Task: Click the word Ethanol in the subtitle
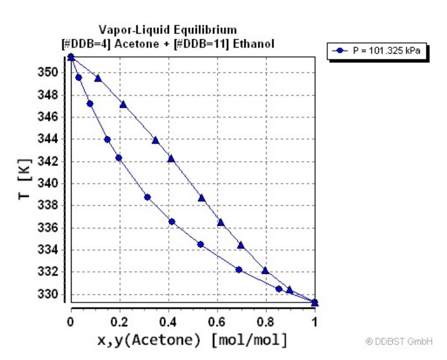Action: (256, 44)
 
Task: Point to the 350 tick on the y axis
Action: (51, 73)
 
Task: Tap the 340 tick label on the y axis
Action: (51, 183)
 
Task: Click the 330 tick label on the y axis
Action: (51, 294)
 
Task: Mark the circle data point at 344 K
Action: (107, 139)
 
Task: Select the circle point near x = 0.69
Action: (239, 270)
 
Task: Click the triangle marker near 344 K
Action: (155, 140)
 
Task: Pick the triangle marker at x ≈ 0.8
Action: (265, 270)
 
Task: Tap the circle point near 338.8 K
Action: (147, 197)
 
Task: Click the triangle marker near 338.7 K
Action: (201, 197)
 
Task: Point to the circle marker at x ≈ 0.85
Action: (279, 289)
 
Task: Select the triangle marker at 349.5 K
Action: (98, 77)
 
